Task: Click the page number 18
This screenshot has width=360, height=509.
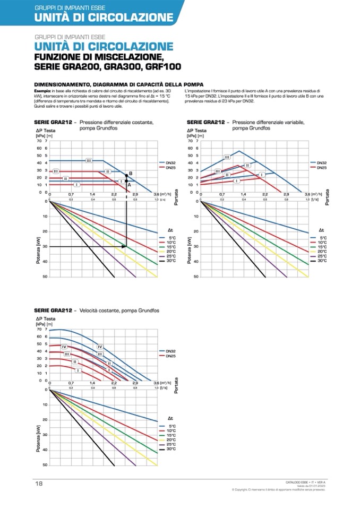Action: coord(39,484)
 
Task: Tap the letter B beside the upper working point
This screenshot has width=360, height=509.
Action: coord(130,174)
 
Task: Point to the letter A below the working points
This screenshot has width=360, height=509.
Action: coord(129,184)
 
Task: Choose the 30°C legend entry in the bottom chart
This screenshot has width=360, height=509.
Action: coord(171,449)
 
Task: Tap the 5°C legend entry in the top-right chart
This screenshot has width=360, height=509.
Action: coord(322,237)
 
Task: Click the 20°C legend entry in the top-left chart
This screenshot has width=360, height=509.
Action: coord(171,252)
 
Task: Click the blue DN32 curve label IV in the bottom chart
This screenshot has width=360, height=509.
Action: coord(100,347)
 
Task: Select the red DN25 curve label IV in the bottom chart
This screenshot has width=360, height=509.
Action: coord(64,346)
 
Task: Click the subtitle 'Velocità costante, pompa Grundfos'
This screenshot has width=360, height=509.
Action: coord(119,310)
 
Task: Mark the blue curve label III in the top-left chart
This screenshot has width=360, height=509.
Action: coord(89,160)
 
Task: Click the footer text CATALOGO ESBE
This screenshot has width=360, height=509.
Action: coord(294,481)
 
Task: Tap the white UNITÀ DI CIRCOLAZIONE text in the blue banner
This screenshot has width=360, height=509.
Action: coord(104,17)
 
